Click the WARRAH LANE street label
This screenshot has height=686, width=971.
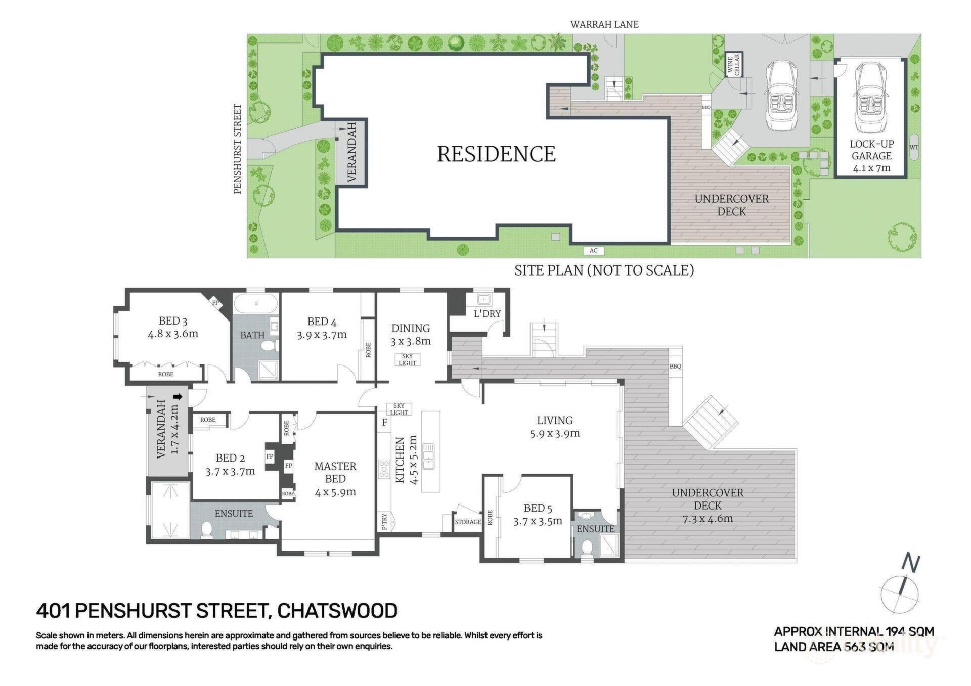click(604, 24)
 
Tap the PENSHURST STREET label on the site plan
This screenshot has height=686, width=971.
click(238, 149)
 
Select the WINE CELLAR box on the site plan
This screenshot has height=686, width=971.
click(733, 65)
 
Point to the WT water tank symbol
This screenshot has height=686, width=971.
click(914, 148)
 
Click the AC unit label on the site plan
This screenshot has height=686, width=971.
click(594, 251)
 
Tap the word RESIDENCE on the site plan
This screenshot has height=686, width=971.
click(496, 154)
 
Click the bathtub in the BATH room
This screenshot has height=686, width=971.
click(256, 304)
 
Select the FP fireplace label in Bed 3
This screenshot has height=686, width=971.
click(215, 303)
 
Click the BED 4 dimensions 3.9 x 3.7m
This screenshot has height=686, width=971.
click(322, 334)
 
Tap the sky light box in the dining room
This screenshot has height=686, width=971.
click(407, 359)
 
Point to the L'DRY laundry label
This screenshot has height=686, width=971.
click(487, 314)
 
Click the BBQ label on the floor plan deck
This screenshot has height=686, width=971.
click(675, 367)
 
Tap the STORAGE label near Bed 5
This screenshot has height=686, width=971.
click(468, 522)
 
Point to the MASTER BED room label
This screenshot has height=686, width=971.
click(335, 472)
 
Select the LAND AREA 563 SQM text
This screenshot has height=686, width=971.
click(834, 647)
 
